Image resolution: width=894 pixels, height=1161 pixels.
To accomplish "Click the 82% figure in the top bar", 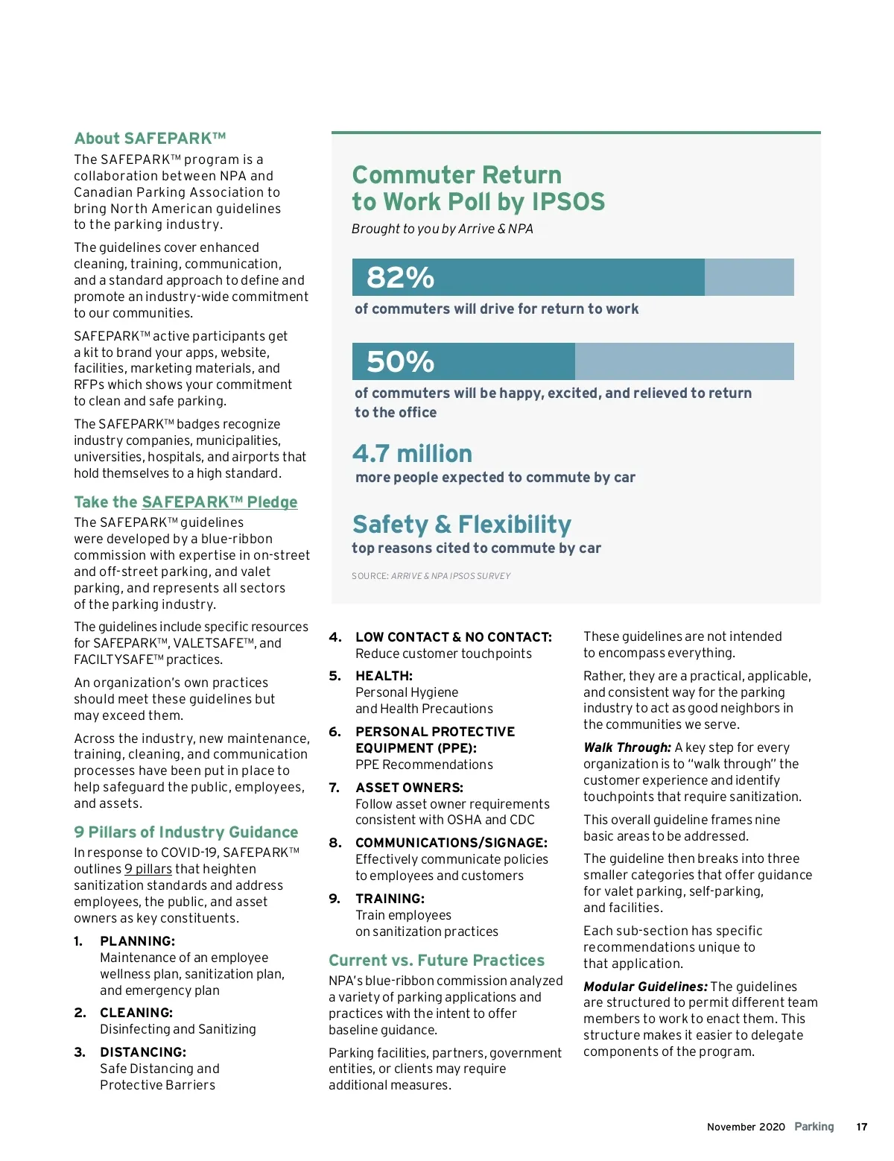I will pyautogui.click(x=400, y=278).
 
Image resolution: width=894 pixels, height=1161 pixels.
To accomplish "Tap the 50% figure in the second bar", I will pyautogui.click(x=400, y=362).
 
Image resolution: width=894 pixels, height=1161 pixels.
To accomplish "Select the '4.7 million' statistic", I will pyautogui.click(x=412, y=454).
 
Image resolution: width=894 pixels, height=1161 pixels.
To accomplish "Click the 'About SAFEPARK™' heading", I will pyautogui.click(x=150, y=139).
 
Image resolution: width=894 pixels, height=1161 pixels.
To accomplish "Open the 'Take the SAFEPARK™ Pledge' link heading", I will pyautogui.click(x=186, y=502).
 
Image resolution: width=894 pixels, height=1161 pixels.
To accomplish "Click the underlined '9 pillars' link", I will pyautogui.click(x=148, y=869).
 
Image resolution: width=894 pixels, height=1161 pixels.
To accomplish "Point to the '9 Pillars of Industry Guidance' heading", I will pyautogui.click(x=186, y=832).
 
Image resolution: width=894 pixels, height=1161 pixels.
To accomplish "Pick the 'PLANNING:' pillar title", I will pyautogui.click(x=138, y=941).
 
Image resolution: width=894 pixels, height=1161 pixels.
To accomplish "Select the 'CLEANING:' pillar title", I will pyautogui.click(x=136, y=1013).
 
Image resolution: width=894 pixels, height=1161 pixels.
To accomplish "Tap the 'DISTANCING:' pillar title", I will pyautogui.click(x=143, y=1052).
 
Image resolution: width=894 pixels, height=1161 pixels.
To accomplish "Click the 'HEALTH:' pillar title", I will pyautogui.click(x=384, y=676).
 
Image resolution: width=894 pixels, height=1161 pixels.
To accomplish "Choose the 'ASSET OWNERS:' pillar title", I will pyautogui.click(x=409, y=788).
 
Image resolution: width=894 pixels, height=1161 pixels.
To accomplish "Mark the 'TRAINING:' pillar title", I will pyautogui.click(x=390, y=899).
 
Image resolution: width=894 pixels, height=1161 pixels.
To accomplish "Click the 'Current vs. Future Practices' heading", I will pyautogui.click(x=437, y=961).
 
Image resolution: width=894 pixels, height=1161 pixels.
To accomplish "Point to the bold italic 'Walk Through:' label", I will pyautogui.click(x=627, y=747).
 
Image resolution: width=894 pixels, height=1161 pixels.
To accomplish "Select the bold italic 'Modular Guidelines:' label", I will pyautogui.click(x=645, y=987).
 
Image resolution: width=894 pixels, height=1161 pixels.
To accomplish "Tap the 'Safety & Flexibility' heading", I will pyautogui.click(x=462, y=525).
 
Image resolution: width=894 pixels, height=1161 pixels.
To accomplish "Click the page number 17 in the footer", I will pyautogui.click(x=862, y=1127).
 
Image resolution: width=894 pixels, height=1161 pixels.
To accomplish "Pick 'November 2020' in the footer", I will pyautogui.click(x=746, y=1127).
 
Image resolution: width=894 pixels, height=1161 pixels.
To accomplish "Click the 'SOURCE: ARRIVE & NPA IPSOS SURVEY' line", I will pyautogui.click(x=431, y=576).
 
